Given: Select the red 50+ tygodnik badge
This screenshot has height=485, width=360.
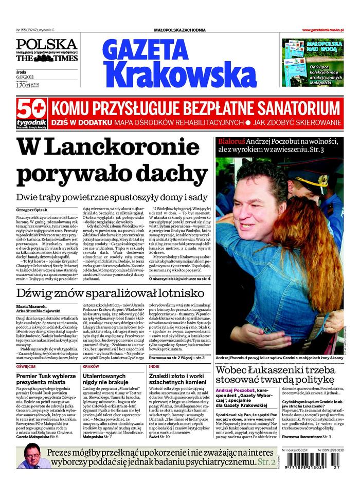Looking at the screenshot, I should [x=31, y=115].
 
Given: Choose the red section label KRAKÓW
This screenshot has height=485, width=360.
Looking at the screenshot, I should [x=91, y=367].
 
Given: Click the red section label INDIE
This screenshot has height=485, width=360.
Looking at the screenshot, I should [x=154, y=367].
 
